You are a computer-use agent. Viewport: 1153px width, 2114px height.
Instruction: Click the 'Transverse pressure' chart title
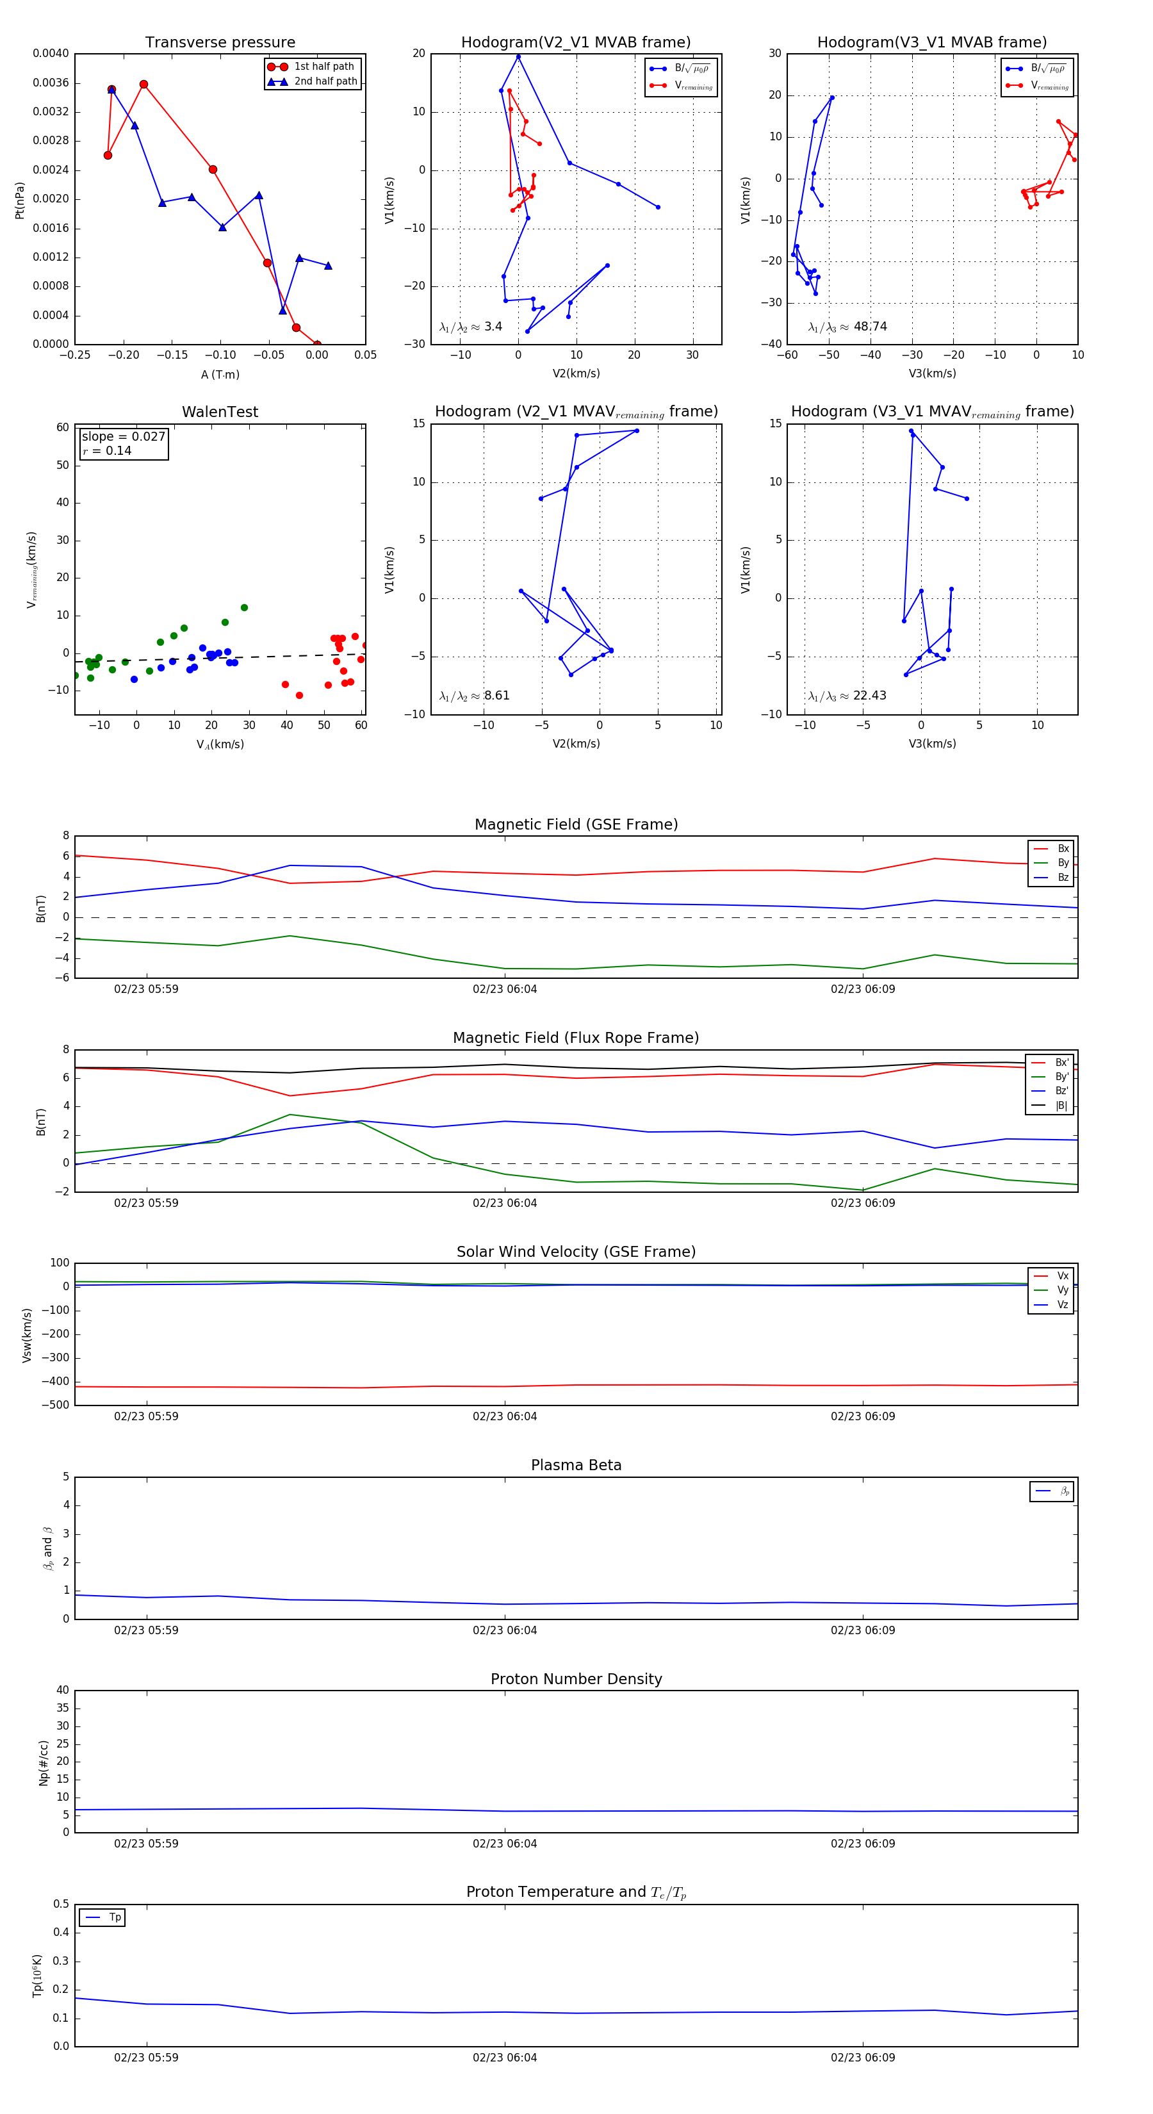[x=220, y=43]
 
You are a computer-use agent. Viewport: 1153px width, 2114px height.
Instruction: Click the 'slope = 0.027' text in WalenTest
[x=123, y=437]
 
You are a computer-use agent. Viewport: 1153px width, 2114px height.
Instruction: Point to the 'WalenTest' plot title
[x=220, y=412]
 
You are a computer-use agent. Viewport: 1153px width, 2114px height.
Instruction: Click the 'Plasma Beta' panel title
[x=576, y=1466]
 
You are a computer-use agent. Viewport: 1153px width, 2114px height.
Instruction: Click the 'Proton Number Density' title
[x=576, y=1679]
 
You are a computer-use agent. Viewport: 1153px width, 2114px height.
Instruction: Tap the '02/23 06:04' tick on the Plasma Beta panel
[x=505, y=1630]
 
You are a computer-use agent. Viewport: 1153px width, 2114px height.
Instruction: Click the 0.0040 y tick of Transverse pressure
[x=51, y=53]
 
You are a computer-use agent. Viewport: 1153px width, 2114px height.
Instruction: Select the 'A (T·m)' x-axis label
[x=220, y=374]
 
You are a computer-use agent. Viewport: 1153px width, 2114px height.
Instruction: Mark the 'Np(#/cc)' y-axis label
[x=44, y=1763]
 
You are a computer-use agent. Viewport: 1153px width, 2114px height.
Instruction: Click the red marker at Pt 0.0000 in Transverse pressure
[x=318, y=345]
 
